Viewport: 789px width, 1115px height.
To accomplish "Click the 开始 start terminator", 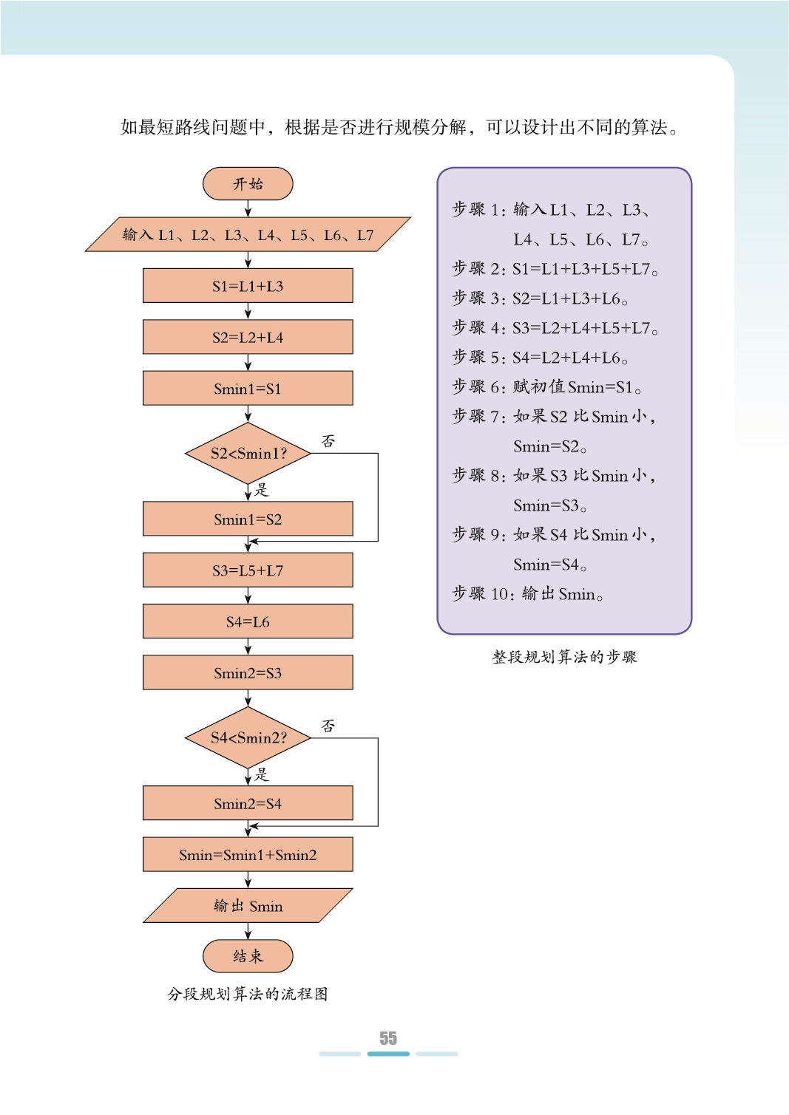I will coord(248,184).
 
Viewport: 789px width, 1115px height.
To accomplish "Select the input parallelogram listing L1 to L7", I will coord(248,235).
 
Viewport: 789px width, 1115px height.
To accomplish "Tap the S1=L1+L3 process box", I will coord(248,286).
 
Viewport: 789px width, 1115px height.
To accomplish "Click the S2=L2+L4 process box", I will coord(248,338).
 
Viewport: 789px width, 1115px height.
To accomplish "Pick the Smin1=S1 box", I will coord(248,389).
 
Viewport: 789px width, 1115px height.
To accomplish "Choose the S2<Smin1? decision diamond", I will coord(248,454).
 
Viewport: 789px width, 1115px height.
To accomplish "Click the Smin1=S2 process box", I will coord(248,519).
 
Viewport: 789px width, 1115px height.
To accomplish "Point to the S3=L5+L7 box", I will coord(248,570).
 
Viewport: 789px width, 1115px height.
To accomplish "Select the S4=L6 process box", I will coord(248,622).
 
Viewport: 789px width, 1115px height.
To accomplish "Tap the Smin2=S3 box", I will coord(248,673).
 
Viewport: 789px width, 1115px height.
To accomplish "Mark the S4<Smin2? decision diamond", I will coord(248,737).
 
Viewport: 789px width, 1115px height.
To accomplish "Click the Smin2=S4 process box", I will coord(248,804).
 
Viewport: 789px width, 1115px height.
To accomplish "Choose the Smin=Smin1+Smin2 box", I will coord(248,855).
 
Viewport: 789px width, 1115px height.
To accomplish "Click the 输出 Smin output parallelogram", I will coord(248,906).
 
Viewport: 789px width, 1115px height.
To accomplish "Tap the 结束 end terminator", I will coord(248,956).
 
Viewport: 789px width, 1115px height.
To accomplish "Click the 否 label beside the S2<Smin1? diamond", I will coord(328,441).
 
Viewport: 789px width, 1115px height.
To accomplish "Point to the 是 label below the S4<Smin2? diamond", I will coord(262,774).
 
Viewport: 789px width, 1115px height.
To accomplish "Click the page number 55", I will coord(388,1038).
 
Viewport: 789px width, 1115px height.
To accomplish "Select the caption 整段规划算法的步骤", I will coord(564,657).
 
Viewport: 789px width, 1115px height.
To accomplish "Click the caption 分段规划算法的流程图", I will coord(248,994).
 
